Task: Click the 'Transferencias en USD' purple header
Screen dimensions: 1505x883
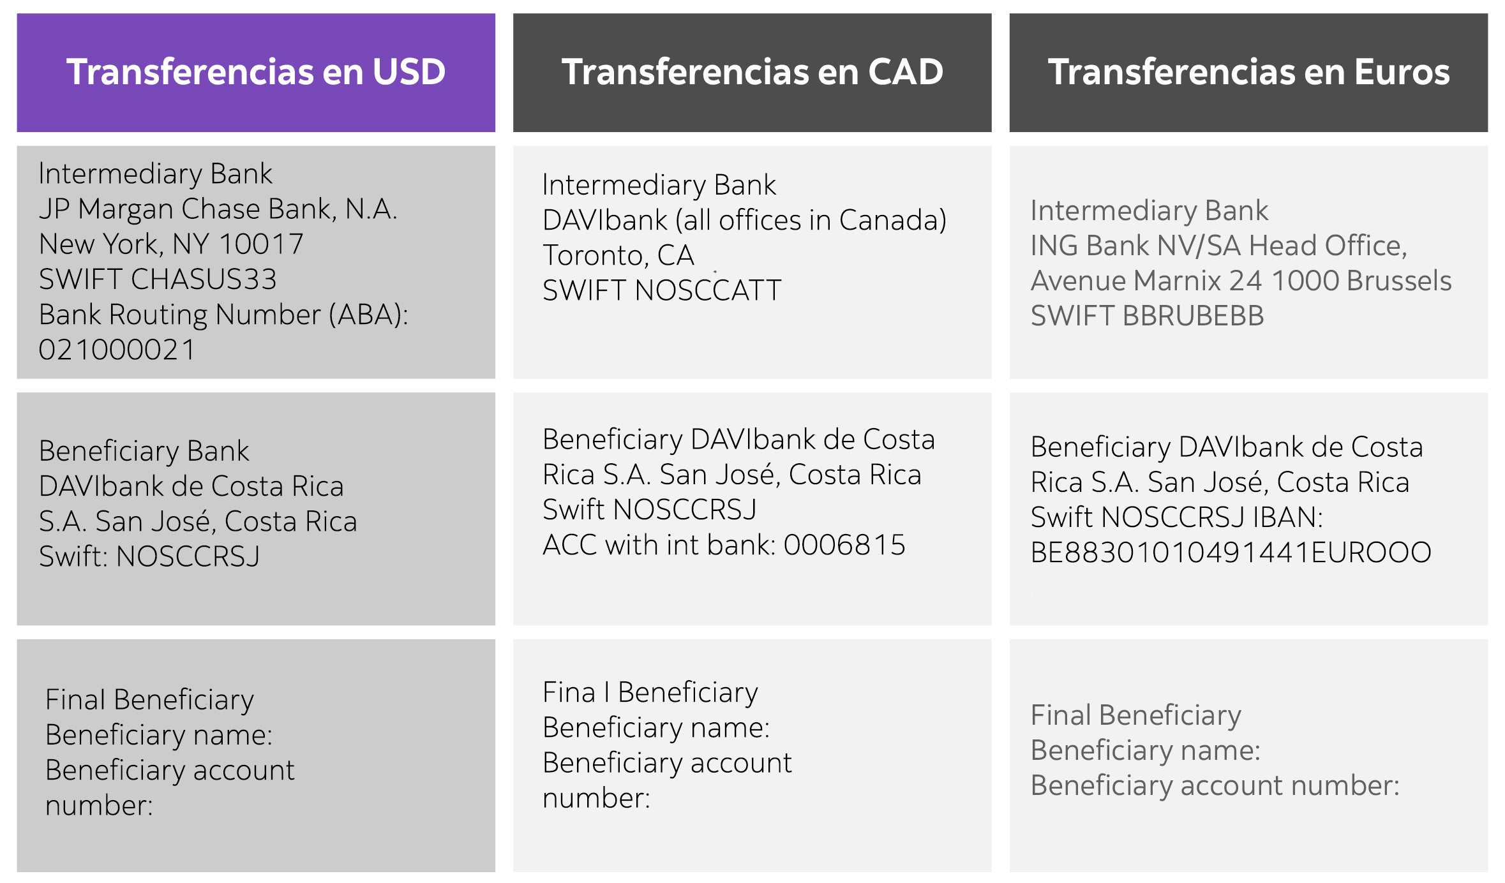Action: [256, 72]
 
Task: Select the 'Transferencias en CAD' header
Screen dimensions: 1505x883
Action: [752, 72]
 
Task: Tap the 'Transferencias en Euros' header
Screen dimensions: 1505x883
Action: [1248, 72]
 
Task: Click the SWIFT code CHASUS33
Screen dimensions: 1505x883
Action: [204, 279]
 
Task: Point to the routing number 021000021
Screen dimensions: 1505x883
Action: [117, 350]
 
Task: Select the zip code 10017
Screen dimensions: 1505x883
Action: [260, 244]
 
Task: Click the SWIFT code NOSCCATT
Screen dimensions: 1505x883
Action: [708, 290]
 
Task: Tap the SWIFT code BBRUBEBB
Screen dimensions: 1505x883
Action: [1193, 316]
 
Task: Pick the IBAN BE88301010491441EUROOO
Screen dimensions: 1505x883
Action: [1231, 553]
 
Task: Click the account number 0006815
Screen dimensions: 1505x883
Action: [844, 545]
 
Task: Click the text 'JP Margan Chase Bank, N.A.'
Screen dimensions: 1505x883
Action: [218, 209]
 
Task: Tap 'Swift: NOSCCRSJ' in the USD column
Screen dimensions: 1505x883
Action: [149, 556]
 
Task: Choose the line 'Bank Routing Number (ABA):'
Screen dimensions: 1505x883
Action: [223, 315]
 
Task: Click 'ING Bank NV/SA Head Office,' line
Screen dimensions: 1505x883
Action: [1218, 246]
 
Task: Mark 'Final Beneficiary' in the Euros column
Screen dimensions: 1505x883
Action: [1135, 715]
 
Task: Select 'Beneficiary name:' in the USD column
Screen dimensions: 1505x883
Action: [159, 735]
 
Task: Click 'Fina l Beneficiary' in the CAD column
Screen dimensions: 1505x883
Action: [650, 692]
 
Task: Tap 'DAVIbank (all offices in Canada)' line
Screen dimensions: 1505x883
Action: [744, 220]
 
